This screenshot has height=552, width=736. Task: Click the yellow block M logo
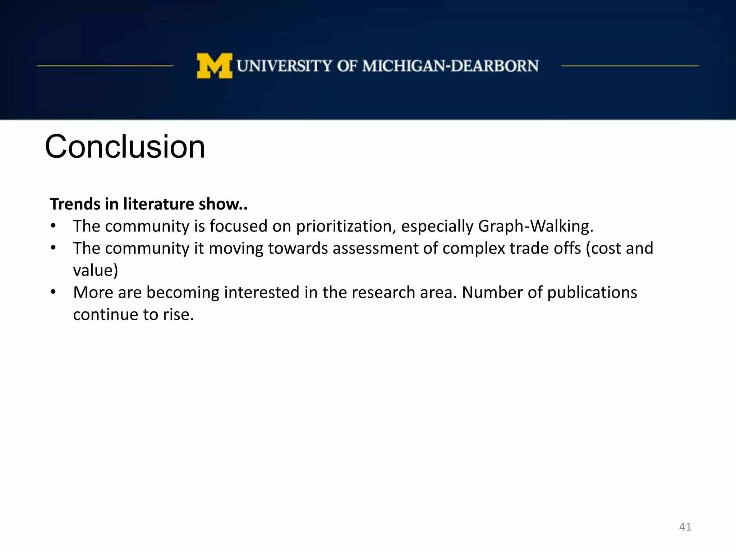pos(214,66)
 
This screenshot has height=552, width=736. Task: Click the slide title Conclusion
pos(125,147)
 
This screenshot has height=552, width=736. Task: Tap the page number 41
pos(685,527)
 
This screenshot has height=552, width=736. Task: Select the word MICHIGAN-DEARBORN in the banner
pos(450,66)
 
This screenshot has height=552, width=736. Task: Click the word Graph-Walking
pos(535,226)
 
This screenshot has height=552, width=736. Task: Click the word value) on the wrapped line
pos(95,271)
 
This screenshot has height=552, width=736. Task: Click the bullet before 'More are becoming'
pos(53,292)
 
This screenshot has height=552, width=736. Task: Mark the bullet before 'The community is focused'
pos(53,226)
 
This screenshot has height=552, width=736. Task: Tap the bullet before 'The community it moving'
pos(53,248)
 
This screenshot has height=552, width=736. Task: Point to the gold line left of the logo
pos(105,66)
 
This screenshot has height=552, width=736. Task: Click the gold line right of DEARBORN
pos(630,66)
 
